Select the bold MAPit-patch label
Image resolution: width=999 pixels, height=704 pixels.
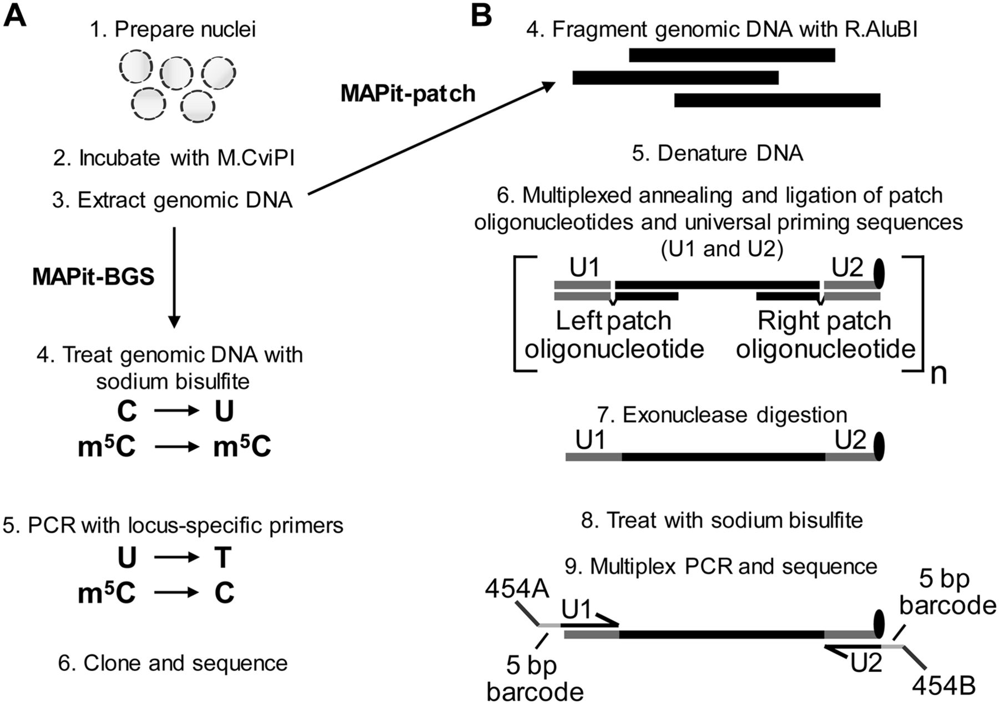tap(408, 93)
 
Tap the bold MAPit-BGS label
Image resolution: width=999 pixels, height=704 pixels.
tap(93, 276)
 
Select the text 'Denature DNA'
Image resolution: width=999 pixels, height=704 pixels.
tap(730, 153)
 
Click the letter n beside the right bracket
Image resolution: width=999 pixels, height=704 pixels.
tap(938, 375)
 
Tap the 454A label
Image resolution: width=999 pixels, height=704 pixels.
tap(517, 589)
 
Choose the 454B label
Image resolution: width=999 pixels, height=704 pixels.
tap(944, 686)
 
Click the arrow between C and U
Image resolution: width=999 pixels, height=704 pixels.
tap(176, 411)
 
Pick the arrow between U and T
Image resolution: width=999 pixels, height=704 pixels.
tap(176, 558)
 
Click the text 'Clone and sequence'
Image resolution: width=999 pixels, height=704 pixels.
tap(185, 663)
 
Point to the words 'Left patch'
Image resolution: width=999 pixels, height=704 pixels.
tap(613, 321)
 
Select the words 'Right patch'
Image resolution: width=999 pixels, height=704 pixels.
tap(824, 321)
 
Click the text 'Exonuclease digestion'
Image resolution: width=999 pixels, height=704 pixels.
tap(735, 414)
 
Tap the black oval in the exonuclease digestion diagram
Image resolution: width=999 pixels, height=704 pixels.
tap(879, 447)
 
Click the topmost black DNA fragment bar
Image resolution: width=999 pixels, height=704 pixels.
tap(731, 55)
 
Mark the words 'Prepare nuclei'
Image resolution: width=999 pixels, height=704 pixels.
tap(185, 29)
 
